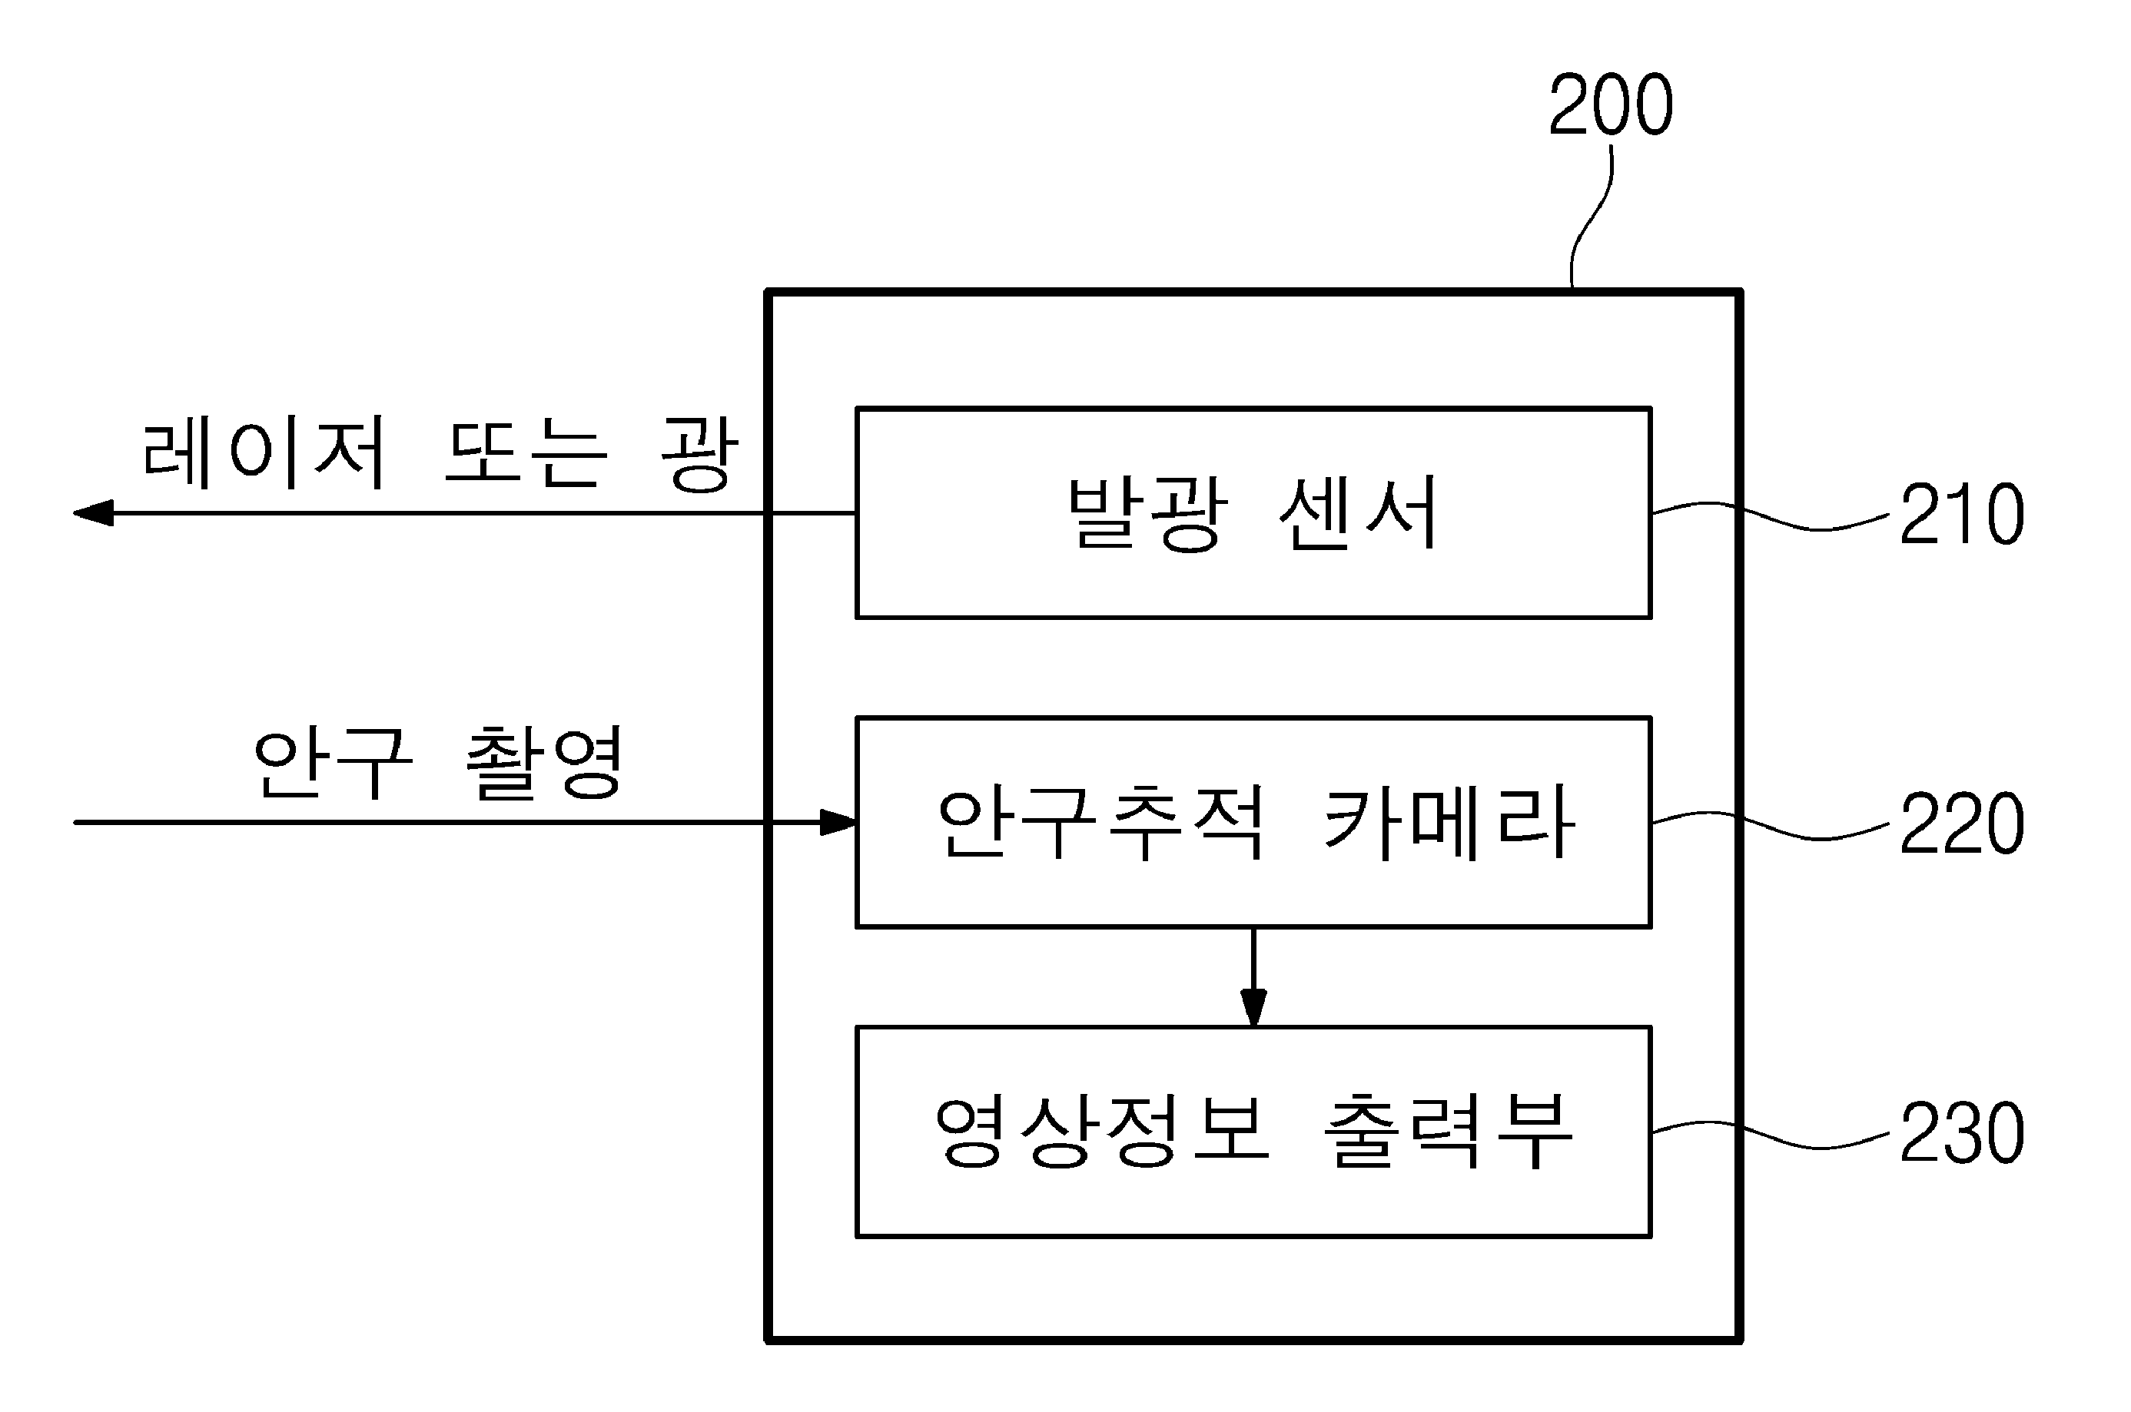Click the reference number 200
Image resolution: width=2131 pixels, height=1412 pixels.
(1611, 105)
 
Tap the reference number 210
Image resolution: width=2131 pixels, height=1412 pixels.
(1963, 514)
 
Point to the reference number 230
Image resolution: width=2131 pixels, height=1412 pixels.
(1963, 1133)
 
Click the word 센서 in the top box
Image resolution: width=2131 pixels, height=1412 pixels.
(1358, 512)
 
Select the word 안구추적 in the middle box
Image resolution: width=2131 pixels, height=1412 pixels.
(1100, 822)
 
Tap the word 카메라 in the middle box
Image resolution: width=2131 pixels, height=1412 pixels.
(1449, 822)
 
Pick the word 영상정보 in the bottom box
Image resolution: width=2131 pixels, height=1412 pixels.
(1101, 1132)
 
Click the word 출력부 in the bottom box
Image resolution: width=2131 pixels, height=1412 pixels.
(1449, 1132)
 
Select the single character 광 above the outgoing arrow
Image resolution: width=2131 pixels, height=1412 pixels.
(699, 453)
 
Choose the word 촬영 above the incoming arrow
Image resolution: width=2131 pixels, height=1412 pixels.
(543, 763)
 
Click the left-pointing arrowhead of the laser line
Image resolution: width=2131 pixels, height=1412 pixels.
(92, 513)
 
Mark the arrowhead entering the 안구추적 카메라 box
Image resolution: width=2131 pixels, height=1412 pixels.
(838, 822)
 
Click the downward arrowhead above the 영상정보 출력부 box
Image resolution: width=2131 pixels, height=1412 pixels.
(1253, 1008)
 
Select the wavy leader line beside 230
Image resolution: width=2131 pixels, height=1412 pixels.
(1771, 1135)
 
